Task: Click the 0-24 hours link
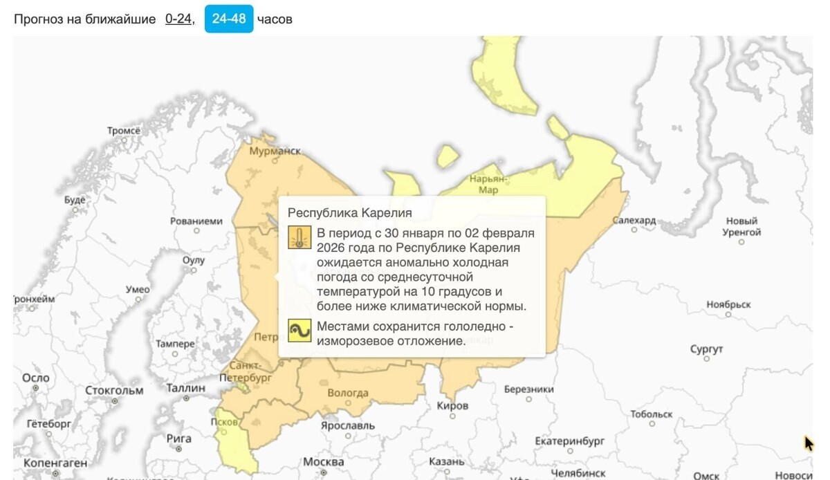(x=178, y=19)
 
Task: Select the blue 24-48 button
(x=229, y=19)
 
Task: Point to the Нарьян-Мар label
(x=488, y=184)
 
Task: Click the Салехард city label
(x=634, y=220)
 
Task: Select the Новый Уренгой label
(x=742, y=227)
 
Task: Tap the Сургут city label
(x=706, y=349)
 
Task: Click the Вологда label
(x=347, y=393)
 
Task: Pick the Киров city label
(x=453, y=405)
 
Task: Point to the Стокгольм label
(x=114, y=390)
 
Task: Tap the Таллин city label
(x=185, y=388)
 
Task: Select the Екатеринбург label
(x=570, y=441)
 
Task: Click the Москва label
(x=324, y=461)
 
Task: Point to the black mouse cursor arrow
(x=809, y=443)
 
